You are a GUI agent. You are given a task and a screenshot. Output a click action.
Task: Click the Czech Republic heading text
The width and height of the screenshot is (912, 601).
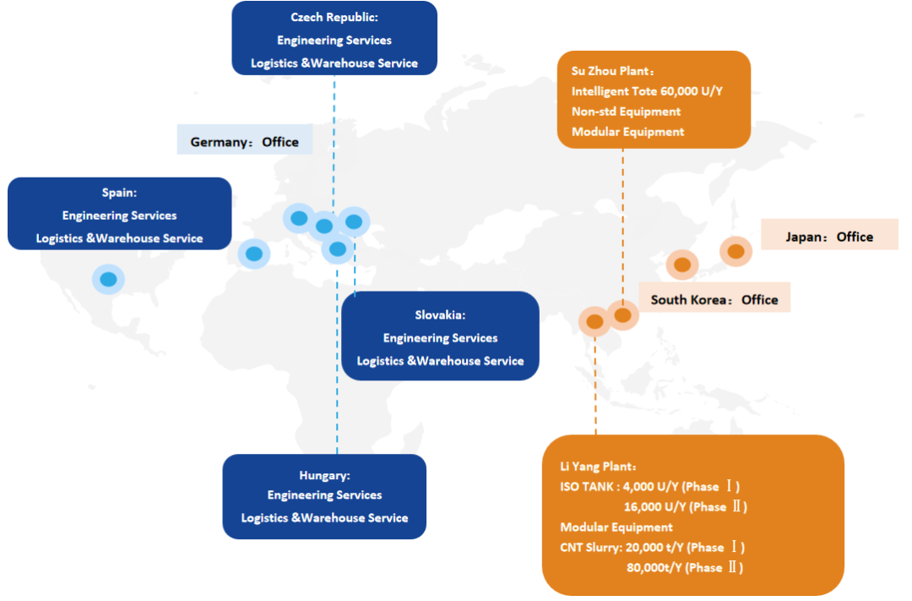coord(334,17)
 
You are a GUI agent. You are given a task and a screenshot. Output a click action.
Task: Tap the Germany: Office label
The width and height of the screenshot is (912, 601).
coord(244,142)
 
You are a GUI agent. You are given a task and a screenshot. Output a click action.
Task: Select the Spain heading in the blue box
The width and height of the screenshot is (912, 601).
coord(119,193)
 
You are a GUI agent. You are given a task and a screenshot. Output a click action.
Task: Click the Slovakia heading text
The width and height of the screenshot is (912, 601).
coord(440,315)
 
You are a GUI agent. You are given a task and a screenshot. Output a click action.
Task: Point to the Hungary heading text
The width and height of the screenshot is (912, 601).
coord(324,476)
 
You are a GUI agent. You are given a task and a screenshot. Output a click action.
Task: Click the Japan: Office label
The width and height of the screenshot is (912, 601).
coord(829,237)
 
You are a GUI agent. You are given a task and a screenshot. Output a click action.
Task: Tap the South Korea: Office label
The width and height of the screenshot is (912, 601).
coord(714,299)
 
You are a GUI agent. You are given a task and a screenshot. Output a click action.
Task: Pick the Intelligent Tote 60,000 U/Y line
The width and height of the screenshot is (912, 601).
coord(649,91)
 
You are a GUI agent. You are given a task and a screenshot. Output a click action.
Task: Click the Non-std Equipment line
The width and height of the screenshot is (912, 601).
coord(626,112)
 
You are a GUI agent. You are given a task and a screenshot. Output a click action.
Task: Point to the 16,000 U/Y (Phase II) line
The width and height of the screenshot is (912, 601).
coord(685,507)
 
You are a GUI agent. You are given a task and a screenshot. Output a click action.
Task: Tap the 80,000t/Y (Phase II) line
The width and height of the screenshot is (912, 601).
coord(686,568)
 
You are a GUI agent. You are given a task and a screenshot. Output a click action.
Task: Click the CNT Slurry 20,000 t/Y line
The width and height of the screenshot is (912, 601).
coord(652,548)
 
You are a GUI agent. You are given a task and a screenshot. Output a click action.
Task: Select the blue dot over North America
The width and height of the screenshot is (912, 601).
coord(108,279)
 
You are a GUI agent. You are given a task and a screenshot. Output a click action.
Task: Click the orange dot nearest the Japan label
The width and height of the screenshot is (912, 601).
coord(736,251)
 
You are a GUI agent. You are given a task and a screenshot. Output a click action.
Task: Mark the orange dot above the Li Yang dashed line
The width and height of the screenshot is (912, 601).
coord(594,321)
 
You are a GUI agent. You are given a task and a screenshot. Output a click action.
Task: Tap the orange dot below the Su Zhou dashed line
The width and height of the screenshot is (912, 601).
coord(622,315)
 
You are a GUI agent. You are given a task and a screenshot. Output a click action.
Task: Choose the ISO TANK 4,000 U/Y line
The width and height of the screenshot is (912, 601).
coord(649,487)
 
